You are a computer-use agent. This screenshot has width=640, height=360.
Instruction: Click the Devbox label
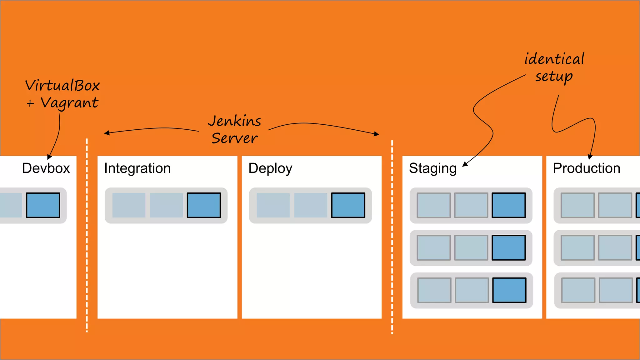click(x=46, y=168)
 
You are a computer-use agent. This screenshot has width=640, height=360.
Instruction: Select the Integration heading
click(x=137, y=168)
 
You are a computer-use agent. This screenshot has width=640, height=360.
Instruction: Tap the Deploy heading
click(x=270, y=168)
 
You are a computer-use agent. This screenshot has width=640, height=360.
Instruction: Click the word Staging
click(x=432, y=168)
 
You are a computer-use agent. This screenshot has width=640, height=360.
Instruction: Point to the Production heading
click(x=586, y=168)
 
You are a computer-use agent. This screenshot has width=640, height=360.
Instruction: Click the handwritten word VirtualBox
click(x=62, y=86)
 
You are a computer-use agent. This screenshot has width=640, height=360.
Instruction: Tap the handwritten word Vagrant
click(x=69, y=103)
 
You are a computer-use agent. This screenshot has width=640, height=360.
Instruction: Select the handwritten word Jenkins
click(x=234, y=121)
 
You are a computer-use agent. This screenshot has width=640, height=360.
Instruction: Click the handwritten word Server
click(x=235, y=138)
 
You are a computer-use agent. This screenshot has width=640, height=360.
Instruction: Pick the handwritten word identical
click(x=554, y=59)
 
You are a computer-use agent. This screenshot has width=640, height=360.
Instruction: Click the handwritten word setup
click(x=554, y=77)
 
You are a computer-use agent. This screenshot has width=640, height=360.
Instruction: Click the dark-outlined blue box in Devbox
click(x=43, y=205)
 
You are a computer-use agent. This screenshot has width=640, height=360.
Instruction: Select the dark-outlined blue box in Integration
click(x=204, y=205)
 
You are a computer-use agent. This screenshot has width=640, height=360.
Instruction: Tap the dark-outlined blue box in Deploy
click(x=348, y=205)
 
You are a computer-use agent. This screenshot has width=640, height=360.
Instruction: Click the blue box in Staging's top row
click(x=508, y=205)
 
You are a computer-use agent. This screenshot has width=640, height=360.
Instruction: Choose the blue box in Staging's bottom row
click(x=509, y=290)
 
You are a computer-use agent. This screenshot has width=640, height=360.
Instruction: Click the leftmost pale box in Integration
click(x=129, y=205)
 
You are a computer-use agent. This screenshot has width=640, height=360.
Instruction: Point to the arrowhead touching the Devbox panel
click(x=49, y=157)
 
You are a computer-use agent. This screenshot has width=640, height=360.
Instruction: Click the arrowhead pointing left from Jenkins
click(x=107, y=133)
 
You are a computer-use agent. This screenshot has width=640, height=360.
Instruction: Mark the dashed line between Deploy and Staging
click(x=392, y=237)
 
